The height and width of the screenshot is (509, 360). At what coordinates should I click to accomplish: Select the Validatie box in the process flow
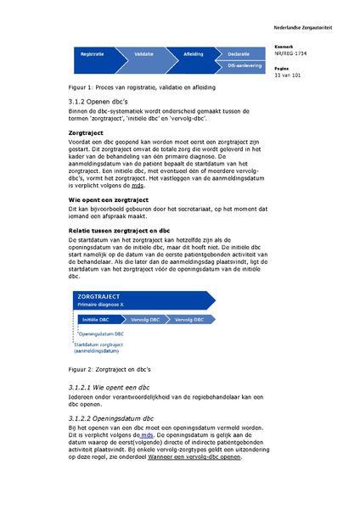click(x=143, y=53)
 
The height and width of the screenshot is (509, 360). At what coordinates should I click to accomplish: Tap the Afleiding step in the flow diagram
click(x=194, y=53)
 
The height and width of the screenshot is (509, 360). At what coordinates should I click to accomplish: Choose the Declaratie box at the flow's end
click(x=239, y=53)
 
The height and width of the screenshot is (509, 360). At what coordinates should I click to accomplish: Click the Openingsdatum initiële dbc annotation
click(x=104, y=336)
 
